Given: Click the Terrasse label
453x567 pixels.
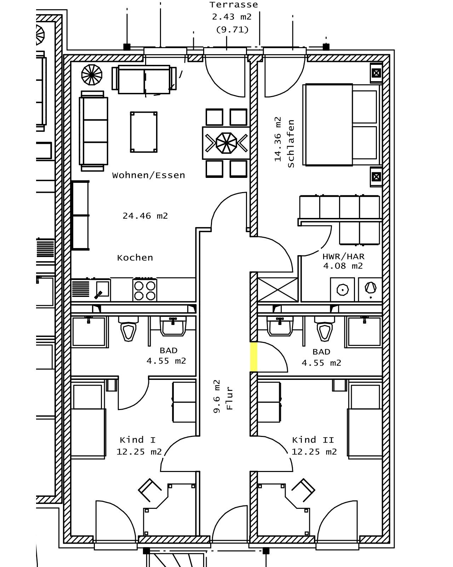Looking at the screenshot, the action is click(x=234, y=5).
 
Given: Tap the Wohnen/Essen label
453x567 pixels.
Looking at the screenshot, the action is click(x=148, y=175).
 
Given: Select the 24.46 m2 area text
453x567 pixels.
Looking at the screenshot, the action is click(x=145, y=216).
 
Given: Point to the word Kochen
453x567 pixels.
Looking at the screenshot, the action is click(x=135, y=257).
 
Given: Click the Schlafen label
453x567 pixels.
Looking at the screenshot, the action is click(x=291, y=144).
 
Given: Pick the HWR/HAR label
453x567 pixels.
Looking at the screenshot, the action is click(x=344, y=256).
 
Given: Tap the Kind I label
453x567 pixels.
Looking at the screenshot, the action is click(x=138, y=440).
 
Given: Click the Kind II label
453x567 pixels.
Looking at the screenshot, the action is click(x=313, y=440).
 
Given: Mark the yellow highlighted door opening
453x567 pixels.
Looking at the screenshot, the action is click(x=253, y=357).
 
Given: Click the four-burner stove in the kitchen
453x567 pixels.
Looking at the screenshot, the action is click(x=144, y=290).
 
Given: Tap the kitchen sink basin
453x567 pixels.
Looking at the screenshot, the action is click(x=102, y=289).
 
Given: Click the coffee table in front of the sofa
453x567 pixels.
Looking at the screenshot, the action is click(x=144, y=132).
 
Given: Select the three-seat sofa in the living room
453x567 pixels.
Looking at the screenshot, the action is click(x=93, y=131).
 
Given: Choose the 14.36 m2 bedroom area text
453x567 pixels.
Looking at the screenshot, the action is click(x=278, y=139).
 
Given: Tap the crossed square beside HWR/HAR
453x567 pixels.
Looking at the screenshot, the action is click(x=278, y=290).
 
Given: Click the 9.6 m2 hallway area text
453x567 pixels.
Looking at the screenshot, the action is click(x=217, y=396).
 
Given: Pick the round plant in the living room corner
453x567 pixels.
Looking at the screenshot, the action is click(x=92, y=75).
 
